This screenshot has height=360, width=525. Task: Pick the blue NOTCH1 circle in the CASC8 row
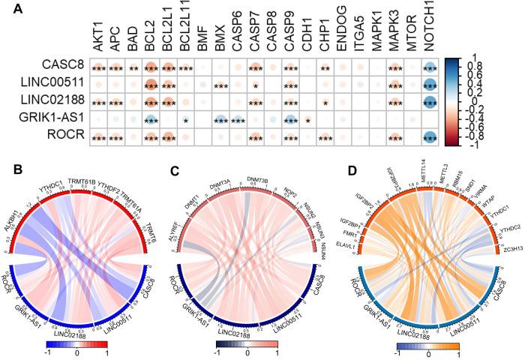point(430,68)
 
